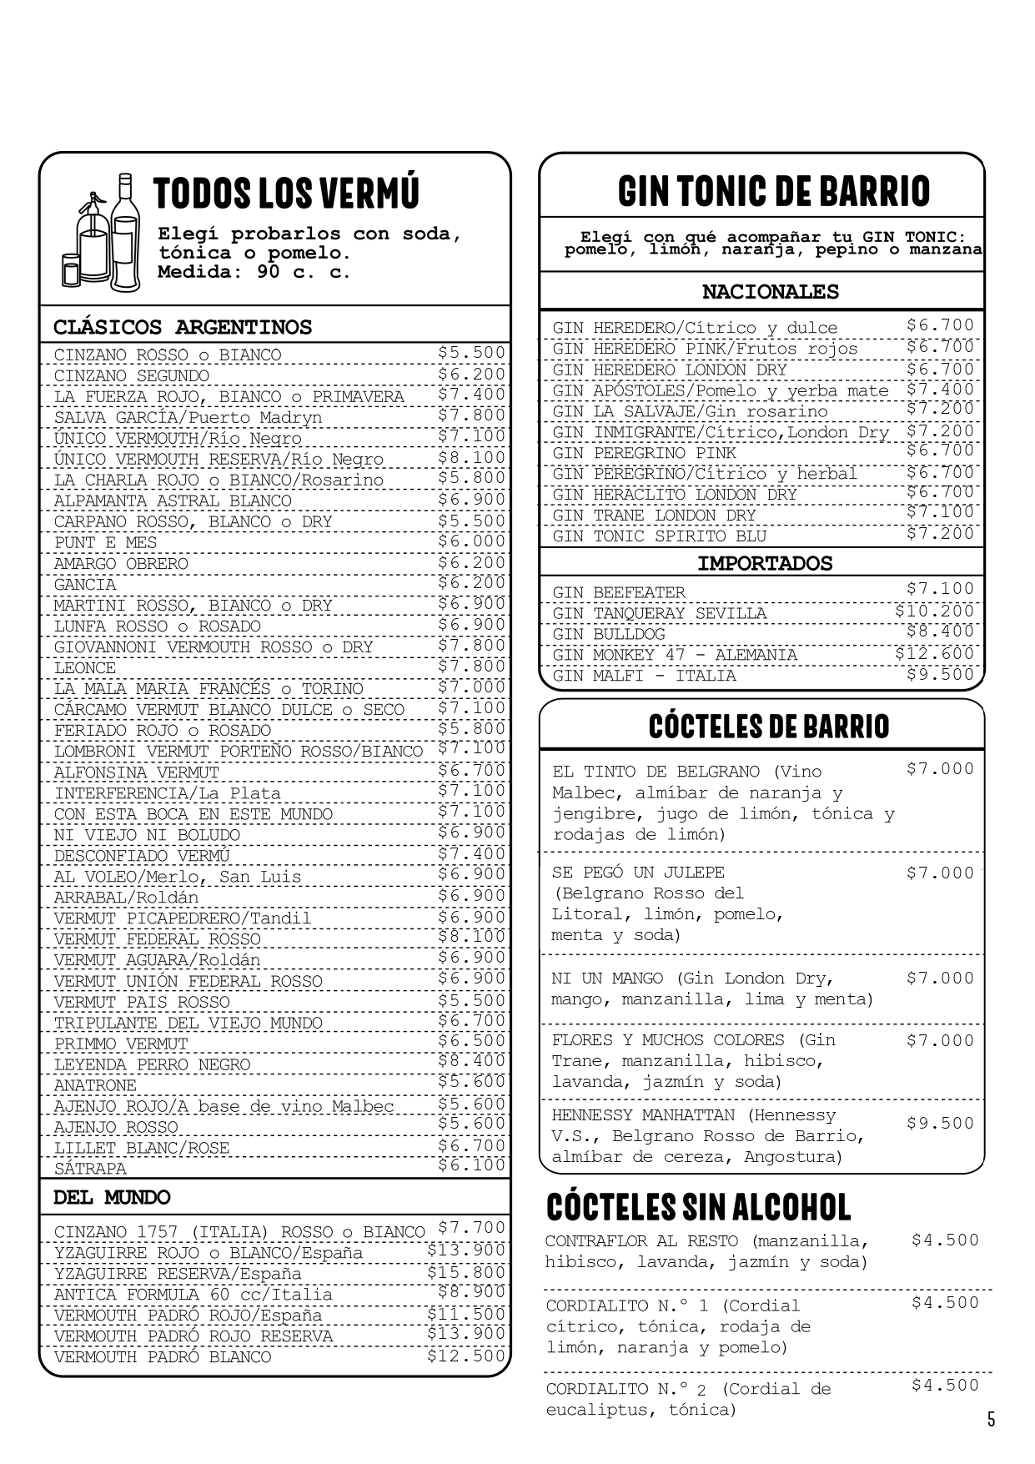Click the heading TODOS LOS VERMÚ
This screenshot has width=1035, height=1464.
286,193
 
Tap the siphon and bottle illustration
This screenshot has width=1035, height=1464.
102,235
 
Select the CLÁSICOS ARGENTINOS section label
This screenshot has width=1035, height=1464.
183,327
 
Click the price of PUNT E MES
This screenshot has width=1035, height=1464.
471,541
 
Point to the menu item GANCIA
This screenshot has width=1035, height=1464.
85,585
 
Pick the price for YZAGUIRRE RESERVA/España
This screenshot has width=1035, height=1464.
466,1272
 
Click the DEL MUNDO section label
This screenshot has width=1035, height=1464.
112,1198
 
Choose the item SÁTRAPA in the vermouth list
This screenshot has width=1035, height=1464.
90,1169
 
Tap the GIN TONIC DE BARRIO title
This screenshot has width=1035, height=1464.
773,191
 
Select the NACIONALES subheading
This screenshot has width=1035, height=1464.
770,292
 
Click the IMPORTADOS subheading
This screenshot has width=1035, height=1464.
765,563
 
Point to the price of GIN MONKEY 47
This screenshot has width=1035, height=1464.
934,653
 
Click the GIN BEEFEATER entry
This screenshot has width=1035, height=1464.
618,592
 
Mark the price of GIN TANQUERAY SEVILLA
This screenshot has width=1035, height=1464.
934,611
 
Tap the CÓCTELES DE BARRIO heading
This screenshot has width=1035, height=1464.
768,726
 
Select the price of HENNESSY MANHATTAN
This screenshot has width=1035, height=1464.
940,1123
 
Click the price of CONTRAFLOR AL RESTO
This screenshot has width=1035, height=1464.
945,1240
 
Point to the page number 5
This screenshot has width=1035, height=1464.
991,1419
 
